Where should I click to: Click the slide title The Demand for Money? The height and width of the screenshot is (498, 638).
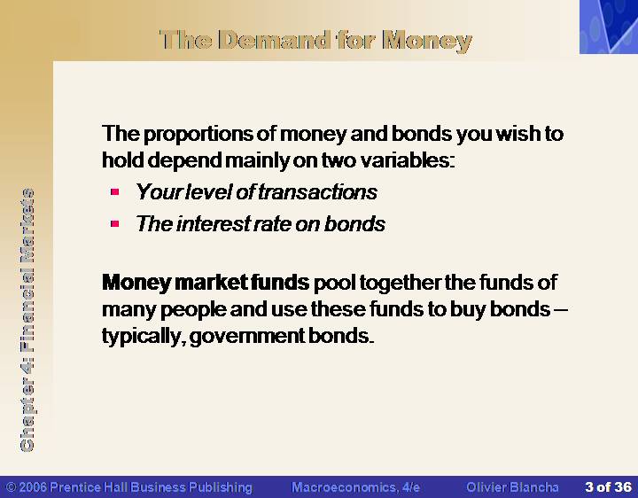pyautogui.click(x=315, y=41)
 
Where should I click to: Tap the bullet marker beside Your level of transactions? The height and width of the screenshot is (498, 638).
pyautogui.click(x=114, y=191)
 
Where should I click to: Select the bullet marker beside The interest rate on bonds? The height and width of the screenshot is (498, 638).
pyautogui.click(x=114, y=223)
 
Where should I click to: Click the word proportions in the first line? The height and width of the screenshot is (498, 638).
pyautogui.click(x=198, y=135)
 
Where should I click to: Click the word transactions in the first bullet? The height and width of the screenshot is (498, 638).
pyautogui.click(x=318, y=192)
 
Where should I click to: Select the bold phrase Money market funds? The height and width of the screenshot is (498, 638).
pyautogui.click(x=206, y=283)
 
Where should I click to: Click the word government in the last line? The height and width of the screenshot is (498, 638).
pyautogui.click(x=246, y=337)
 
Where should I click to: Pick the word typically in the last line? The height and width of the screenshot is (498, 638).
pyautogui.click(x=141, y=337)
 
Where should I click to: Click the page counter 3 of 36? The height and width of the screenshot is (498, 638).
pyautogui.click(x=608, y=487)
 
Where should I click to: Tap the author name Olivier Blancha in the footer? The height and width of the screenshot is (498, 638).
pyautogui.click(x=512, y=487)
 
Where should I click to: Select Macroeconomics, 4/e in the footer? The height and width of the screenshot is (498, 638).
pyautogui.click(x=355, y=487)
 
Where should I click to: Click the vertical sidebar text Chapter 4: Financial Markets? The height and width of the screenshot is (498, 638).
pyautogui.click(x=27, y=320)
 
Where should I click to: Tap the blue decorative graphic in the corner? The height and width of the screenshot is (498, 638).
pyautogui.click(x=609, y=27)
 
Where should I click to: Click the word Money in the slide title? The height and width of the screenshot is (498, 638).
pyautogui.click(x=427, y=41)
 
